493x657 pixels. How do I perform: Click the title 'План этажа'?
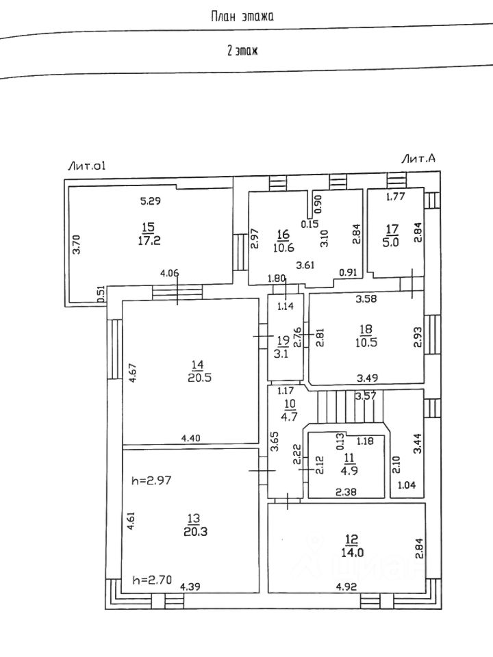pyautogui.click(x=242, y=18)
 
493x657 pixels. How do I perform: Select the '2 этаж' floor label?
pyautogui.click(x=242, y=51)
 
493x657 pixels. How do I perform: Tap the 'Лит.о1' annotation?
pyautogui.click(x=86, y=166)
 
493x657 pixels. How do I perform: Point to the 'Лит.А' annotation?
pyautogui.click(x=418, y=159)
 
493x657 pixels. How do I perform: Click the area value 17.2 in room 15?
pyautogui.click(x=149, y=241)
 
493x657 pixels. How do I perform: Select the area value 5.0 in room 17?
pyautogui.click(x=392, y=240)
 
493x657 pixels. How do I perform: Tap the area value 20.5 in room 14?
pyautogui.click(x=198, y=377)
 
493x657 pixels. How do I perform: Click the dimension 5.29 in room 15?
pyautogui.click(x=151, y=201)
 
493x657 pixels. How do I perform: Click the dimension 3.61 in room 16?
pyautogui.click(x=304, y=264)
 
